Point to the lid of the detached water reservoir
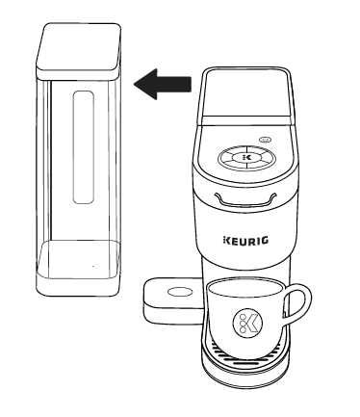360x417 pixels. (80, 46)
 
